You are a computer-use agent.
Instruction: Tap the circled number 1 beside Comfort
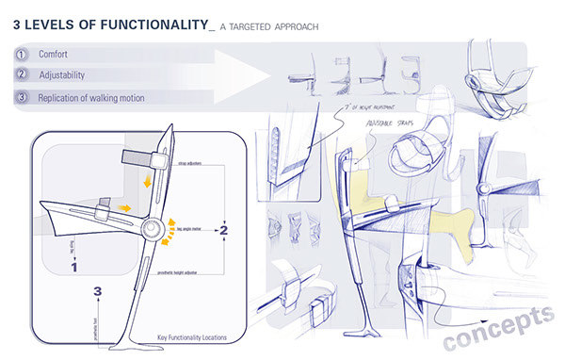coord(20,56)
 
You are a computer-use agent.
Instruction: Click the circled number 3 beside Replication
coord(20,97)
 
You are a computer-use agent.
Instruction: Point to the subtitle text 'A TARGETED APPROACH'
coord(269,27)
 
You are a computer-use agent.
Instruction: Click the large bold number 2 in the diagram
coord(223,227)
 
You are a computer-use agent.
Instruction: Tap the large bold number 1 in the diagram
coord(74,267)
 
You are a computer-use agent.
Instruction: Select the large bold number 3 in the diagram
coord(97,293)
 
